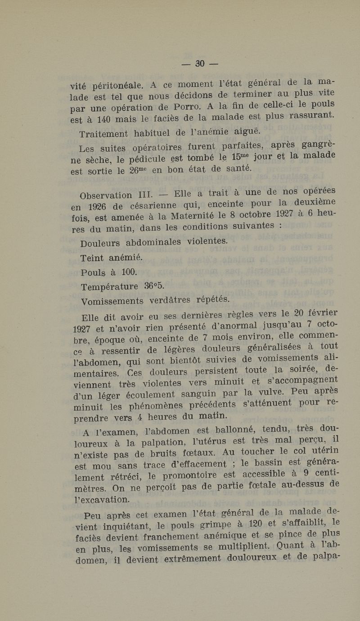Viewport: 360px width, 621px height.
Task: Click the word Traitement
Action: click(104, 134)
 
